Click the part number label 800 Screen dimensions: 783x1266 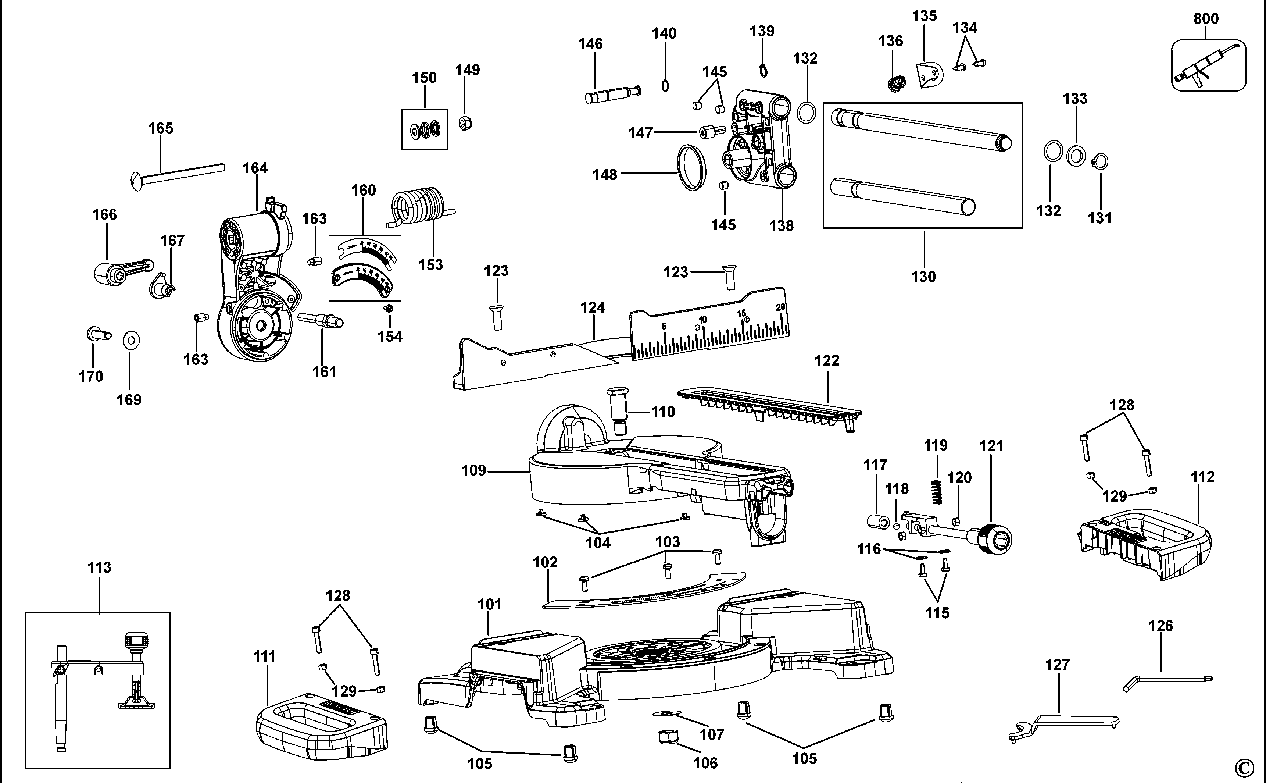click(1206, 19)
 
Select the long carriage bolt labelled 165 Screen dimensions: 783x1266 click(179, 175)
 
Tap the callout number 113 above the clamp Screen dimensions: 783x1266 click(99, 567)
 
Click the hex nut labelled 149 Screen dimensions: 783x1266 click(465, 123)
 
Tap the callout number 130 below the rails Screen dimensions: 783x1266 click(923, 277)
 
